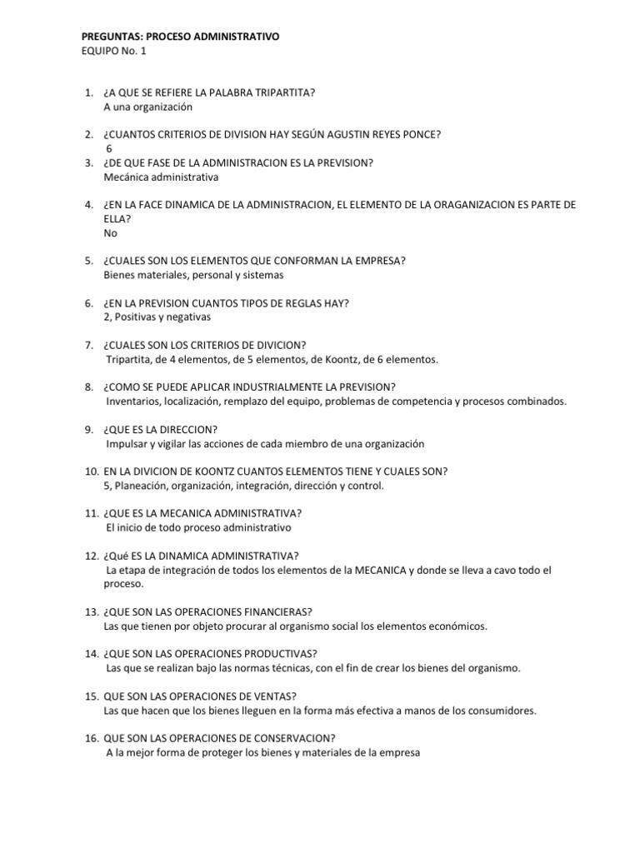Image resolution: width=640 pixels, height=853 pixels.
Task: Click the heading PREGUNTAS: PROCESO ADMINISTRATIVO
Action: click(x=181, y=37)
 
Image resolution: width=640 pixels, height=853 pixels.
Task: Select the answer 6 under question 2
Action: click(x=108, y=148)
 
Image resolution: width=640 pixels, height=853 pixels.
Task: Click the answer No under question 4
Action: click(x=111, y=233)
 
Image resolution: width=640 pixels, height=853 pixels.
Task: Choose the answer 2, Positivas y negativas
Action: click(x=157, y=317)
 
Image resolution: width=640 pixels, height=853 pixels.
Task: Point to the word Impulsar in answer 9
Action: click(x=124, y=444)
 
